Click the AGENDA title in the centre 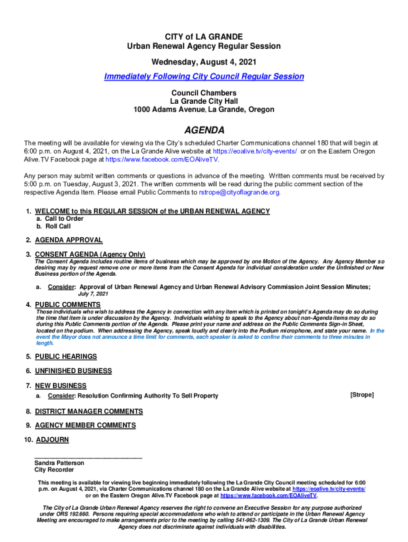click(204, 130)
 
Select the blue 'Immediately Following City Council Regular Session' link click(204, 76)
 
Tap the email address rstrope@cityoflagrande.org click(239, 192)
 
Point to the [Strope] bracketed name click(362, 395)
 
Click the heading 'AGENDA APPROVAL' click(69, 240)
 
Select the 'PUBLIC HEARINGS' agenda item click(66, 356)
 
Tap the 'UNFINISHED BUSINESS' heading click(73, 371)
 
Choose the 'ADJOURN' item click(52, 440)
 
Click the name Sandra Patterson click(59, 463)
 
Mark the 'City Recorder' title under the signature click(54, 469)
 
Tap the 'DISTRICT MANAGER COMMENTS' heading click(89, 411)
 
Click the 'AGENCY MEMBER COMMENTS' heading click(85, 425)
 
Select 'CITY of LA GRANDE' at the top click(204, 37)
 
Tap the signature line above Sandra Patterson click(88, 457)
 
